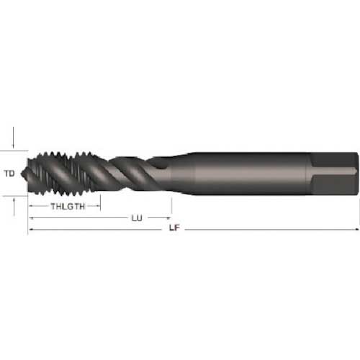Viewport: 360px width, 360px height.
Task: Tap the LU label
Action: click(x=135, y=217)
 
